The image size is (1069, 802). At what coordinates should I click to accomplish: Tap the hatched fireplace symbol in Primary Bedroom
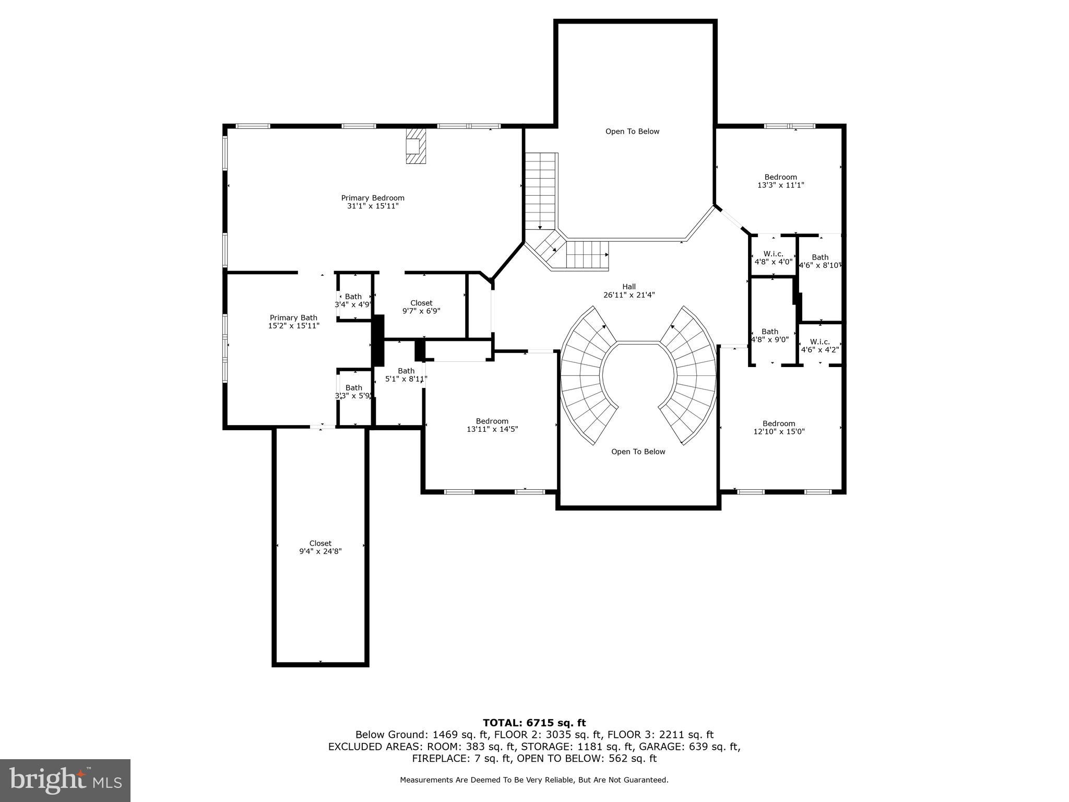pos(416,146)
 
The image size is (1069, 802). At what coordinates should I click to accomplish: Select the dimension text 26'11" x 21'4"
pos(629,295)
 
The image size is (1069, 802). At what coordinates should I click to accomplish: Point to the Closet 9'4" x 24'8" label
pos(320,547)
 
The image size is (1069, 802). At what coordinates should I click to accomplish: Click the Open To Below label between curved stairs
pos(638,452)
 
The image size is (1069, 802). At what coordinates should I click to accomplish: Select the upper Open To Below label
pos(632,132)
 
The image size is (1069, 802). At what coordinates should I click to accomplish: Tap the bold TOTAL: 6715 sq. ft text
pos(534,723)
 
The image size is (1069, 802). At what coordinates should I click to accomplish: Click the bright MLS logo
pos(65,781)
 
